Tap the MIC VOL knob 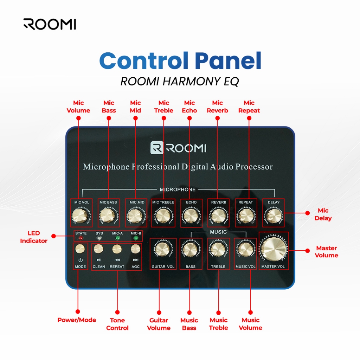pyautogui.click(x=80, y=215)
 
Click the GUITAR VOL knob pyautogui.click(x=163, y=250)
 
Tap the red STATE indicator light pyautogui.click(x=81, y=238)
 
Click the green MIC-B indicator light pyautogui.click(x=136, y=238)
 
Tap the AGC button pyautogui.click(x=135, y=249)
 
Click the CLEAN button pyautogui.click(x=98, y=249)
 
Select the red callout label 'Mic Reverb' pyautogui.click(x=217, y=107)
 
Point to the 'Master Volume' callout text pyautogui.click(x=326, y=252)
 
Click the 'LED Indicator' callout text pyautogui.click(x=34, y=237)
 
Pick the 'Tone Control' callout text pyautogui.click(x=117, y=324)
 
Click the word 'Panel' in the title pyautogui.click(x=228, y=61)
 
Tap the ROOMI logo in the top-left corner pyautogui.click(x=50, y=24)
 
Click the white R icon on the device pyautogui.click(x=156, y=148)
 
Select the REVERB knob pyautogui.click(x=218, y=215)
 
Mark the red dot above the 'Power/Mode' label pyautogui.click(x=78, y=311)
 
